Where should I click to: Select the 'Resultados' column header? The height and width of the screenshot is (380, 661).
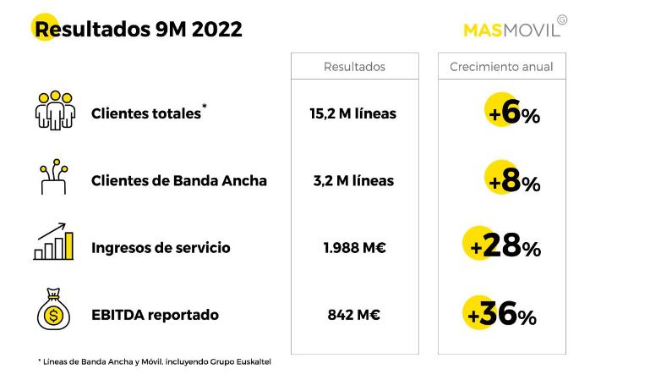354,67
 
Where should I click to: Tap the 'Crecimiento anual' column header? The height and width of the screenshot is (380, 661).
501,67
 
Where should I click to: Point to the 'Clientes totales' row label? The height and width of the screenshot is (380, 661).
147,113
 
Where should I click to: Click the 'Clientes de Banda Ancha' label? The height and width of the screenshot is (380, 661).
179,180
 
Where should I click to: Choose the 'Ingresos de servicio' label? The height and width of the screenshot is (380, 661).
161,248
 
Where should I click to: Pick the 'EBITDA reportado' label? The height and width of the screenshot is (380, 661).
155,315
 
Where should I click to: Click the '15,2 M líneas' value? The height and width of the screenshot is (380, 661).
353,113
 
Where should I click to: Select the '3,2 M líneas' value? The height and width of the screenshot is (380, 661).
353,180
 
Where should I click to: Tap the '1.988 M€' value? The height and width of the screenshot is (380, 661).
353,248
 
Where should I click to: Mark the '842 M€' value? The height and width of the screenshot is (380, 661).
353,315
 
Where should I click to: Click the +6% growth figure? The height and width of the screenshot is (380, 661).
514,113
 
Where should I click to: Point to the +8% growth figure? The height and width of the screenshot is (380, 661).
514,180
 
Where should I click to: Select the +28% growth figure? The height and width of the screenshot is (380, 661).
505,247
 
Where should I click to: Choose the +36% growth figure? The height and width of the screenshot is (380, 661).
502,315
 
